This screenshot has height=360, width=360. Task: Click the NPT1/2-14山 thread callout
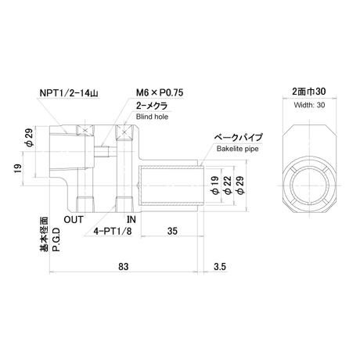[69, 93]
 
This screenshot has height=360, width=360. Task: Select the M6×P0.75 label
[160, 92]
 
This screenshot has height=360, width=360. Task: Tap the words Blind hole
[152, 117]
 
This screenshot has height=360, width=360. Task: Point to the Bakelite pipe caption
[238, 149]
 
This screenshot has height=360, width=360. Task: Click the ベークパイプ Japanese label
[238, 137]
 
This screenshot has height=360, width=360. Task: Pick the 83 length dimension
[123, 267]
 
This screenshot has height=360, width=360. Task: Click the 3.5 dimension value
[220, 267]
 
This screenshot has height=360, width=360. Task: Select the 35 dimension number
[172, 231]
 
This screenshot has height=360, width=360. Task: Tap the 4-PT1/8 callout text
[113, 231]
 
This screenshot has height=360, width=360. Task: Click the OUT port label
[74, 220]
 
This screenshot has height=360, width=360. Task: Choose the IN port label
[131, 220]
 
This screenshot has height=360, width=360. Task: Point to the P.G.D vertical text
[56, 239]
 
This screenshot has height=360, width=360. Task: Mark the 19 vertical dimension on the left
[18, 168]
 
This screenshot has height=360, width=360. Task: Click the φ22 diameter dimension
[227, 185]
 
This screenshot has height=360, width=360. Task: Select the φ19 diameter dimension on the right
[214, 185]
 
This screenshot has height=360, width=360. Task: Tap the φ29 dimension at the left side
[29, 138]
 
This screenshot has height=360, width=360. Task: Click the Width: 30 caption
[309, 105]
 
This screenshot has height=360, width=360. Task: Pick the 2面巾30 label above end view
[309, 92]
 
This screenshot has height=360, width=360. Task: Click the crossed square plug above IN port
[124, 131]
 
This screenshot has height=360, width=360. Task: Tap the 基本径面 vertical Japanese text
[44, 234]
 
